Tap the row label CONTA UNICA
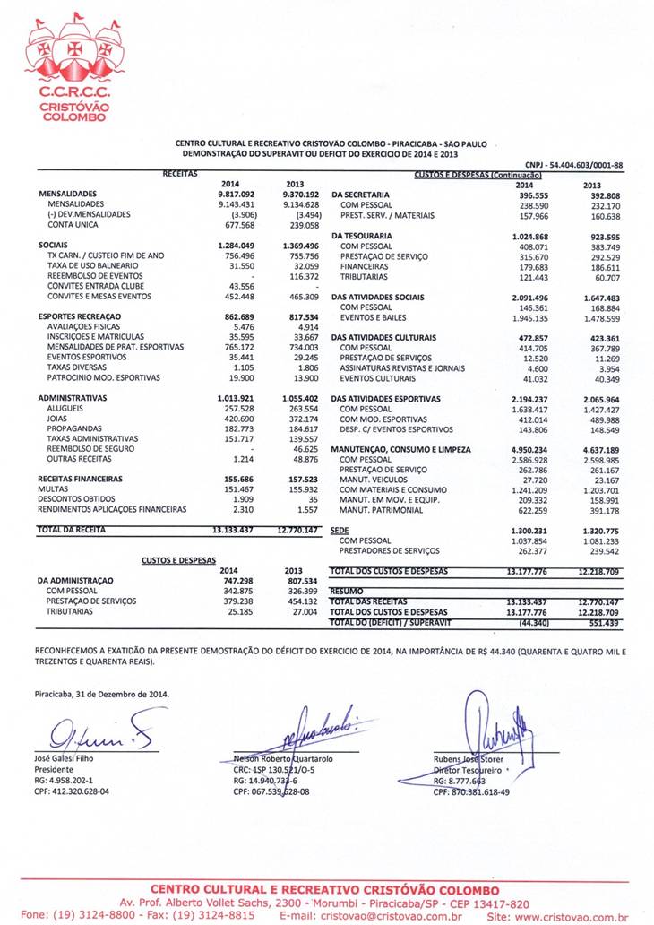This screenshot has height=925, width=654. (x=74, y=225)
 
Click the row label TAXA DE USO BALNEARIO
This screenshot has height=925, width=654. (x=92, y=265)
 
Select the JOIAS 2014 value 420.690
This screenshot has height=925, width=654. (x=239, y=419)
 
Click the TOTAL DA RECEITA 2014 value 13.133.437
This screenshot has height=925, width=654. (x=234, y=530)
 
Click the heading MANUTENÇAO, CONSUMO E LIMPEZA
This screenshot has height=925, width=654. (x=400, y=449)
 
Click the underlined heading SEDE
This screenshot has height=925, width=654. (x=340, y=531)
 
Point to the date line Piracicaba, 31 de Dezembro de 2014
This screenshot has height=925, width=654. (x=101, y=694)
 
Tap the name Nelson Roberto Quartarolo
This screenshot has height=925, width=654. (x=283, y=758)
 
